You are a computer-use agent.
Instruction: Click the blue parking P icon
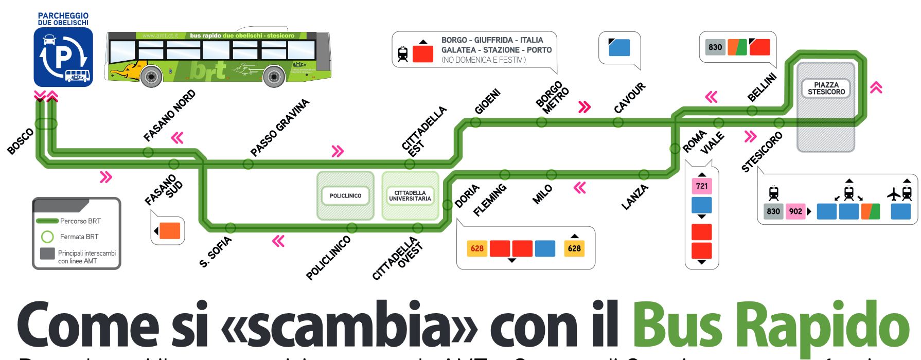click(63, 57)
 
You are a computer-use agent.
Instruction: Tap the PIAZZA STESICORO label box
click(826, 88)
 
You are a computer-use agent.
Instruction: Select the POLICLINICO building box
click(345, 195)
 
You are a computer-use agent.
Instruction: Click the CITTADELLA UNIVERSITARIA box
click(410, 196)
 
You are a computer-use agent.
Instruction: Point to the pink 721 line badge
click(701, 186)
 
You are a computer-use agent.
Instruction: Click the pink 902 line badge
click(795, 211)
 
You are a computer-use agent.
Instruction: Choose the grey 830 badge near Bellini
click(715, 47)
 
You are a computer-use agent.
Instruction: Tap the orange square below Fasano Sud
click(170, 231)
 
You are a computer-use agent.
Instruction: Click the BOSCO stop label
click(21, 141)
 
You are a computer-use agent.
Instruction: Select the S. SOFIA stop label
click(215, 252)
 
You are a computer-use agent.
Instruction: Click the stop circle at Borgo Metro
click(541, 122)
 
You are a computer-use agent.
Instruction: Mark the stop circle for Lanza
click(644, 174)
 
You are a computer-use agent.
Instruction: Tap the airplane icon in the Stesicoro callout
click(894, 194)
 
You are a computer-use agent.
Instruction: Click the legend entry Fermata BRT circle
click(47, 237)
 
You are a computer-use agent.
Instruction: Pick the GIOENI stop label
click(487, 102)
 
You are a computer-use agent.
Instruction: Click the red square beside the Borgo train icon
click(423, 53)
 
